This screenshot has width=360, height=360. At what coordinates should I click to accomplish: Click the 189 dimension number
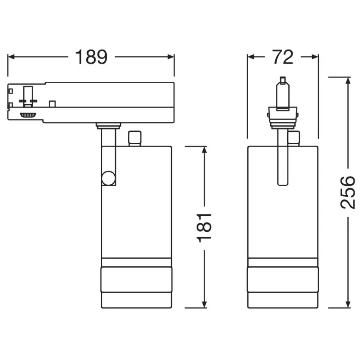point(91,57)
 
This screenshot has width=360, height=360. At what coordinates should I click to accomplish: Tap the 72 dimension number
point(282,57)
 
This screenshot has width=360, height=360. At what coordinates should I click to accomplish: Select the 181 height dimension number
point(204,227)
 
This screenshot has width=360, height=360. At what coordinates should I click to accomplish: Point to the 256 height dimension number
point(348,192)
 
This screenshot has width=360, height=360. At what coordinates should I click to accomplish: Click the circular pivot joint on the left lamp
point(108,178)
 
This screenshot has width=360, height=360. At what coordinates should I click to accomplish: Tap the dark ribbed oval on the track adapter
point(28,115)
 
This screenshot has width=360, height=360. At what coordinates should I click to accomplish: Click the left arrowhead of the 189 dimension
point(11,57)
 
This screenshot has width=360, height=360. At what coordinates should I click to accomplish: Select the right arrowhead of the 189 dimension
point(171,57)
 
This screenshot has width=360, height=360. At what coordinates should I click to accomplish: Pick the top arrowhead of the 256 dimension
point(348,80)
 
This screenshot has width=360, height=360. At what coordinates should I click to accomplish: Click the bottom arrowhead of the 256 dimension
point(348,305)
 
